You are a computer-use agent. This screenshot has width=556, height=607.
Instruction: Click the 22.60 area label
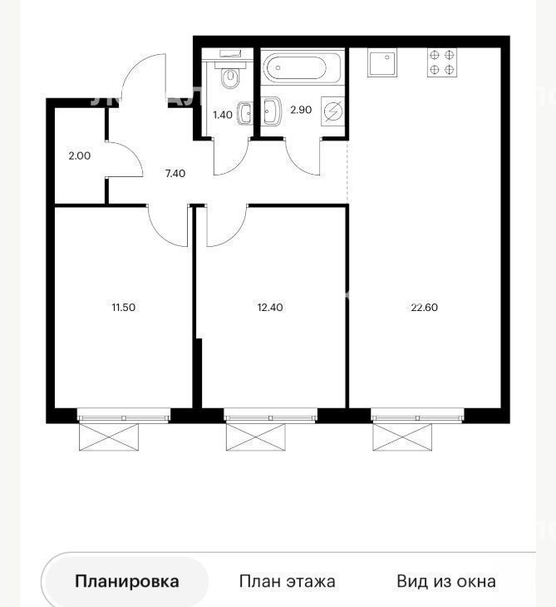(424, 308)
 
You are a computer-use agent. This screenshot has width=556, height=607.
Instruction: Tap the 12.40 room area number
(270, 308)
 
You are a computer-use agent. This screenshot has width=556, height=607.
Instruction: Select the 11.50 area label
(124, 308)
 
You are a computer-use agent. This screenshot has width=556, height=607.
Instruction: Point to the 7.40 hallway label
(175, 174)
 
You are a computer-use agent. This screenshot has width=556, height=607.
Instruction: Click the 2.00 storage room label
(80, 155)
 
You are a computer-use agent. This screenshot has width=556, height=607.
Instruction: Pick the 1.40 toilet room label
(223, 115)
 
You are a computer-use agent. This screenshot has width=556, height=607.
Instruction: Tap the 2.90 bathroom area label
(301, 110)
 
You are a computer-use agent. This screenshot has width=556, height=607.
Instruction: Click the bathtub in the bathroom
(303, 67)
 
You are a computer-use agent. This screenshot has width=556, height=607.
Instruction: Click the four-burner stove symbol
(442, 62)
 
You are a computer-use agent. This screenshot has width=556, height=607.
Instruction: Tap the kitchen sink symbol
(382, 62)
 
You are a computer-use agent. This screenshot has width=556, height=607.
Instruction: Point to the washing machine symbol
(333, 111)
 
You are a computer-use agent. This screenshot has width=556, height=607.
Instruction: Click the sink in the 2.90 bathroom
(272, 111)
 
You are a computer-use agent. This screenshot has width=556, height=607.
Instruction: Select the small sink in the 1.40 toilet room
(244, 113)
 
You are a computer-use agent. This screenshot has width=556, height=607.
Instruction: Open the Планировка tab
(127, 581)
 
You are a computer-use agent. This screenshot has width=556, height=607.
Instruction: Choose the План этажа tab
(287, 581)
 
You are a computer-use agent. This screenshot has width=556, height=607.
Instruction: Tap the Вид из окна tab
(446, 581)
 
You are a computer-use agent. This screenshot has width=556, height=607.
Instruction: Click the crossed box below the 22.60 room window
(402, 437)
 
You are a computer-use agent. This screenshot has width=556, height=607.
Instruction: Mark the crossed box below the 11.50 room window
(109, 437)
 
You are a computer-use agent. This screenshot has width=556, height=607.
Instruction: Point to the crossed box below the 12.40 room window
(256, 437)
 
